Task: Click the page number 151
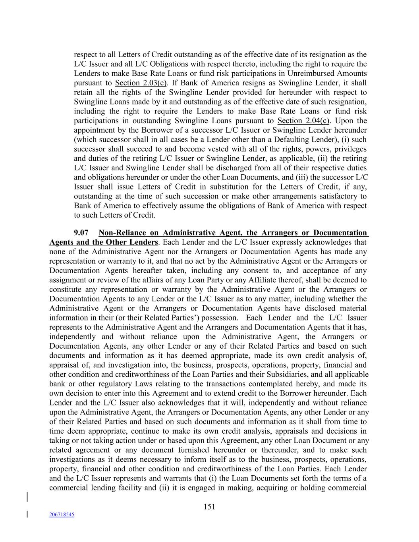point(209,507)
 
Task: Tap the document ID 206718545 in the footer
point(62,515)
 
